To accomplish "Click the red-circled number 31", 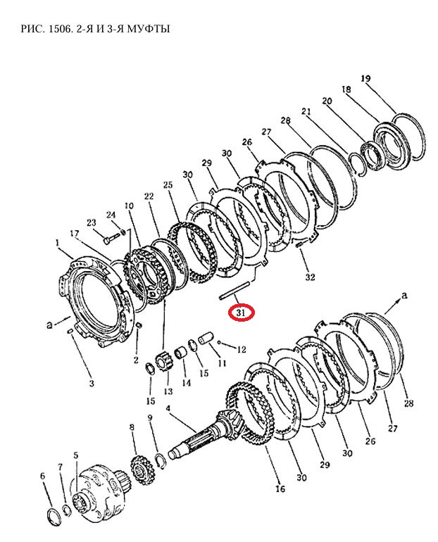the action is pyautogui.click(x=241, y=313).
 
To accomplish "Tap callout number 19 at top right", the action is pyautogui.click(x=365, y=78).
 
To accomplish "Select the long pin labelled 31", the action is pyautogui.click(x=234, y=290).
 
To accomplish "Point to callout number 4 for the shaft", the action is pyautogui.click(x=168, y=409).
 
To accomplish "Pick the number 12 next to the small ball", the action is pyautogui.click(x=242, y=349).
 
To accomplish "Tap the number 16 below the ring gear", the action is pyautogui.click(x=280, y=488).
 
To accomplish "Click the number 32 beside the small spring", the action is pyautogui.click(x=310, y=277).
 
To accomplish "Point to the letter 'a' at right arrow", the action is pyautogui.click(x=404, y=296).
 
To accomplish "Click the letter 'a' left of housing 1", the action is pyautogui.click(x=49, y=325).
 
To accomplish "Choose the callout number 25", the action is pyautogui.click(x=168, y=185).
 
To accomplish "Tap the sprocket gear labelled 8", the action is pyautogui.click(x=140, y=470).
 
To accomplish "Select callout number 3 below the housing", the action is pyautogui.click(x=92, y=384).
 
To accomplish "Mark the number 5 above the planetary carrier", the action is pyautogui.click(x=76, y=455).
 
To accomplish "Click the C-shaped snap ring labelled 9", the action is pyautogui.click(x=161, y=461).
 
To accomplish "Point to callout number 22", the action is pyautogui.click(x=149, y=196).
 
